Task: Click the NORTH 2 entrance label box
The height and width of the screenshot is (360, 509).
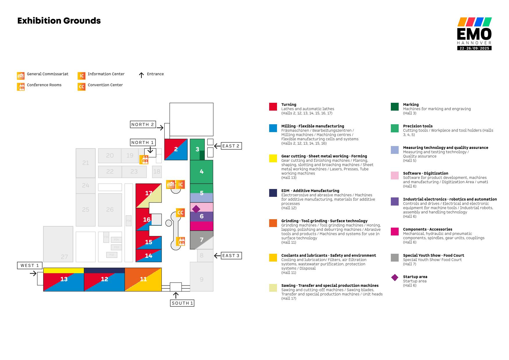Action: (143, 125)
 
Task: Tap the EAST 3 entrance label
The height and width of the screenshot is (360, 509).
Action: (231, 256)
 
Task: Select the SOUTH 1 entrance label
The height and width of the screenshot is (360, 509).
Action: (182, 303)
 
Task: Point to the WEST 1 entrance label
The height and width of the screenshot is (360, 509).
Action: (30, 265)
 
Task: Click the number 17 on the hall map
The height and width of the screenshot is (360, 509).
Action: (149, 193)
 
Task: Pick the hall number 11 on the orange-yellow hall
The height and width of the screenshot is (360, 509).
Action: (143, 279)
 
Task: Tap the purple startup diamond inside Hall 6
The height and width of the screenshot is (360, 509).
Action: (196, 209)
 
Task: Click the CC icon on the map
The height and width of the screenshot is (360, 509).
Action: (180, 213)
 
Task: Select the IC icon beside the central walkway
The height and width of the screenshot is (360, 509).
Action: (181, 184)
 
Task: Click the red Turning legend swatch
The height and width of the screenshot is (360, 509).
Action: (273, 107)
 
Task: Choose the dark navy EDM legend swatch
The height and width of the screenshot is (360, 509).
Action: (273, 193)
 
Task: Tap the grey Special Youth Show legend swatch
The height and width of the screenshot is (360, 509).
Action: (395, 258)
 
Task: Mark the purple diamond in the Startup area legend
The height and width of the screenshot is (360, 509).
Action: (395, 278)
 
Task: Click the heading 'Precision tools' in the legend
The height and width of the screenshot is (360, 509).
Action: (418, 126)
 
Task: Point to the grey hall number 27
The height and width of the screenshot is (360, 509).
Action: (64, 257)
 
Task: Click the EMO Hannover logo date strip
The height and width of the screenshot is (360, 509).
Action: (474, 48)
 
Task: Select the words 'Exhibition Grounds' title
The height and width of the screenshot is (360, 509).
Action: (59, 21)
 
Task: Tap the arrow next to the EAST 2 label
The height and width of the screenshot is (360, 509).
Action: (217, 146)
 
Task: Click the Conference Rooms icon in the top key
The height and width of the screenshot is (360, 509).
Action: (21, 87)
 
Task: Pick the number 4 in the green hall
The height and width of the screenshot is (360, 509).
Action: (202, 172)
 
